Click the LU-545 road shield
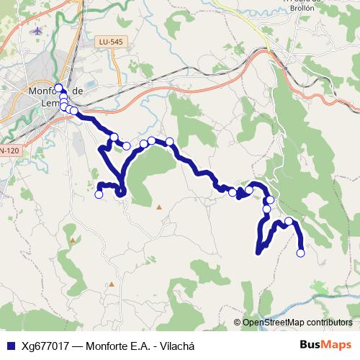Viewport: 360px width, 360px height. (112, 42)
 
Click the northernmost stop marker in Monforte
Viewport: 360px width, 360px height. (58, 88)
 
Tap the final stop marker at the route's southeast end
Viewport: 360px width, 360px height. (300, 253)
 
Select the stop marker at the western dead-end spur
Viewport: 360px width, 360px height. (99, 194)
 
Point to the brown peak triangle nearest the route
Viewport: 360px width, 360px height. (159, 207)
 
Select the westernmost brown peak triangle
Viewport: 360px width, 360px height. (73, 239)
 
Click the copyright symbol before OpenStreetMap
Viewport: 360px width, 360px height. (238, 323)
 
